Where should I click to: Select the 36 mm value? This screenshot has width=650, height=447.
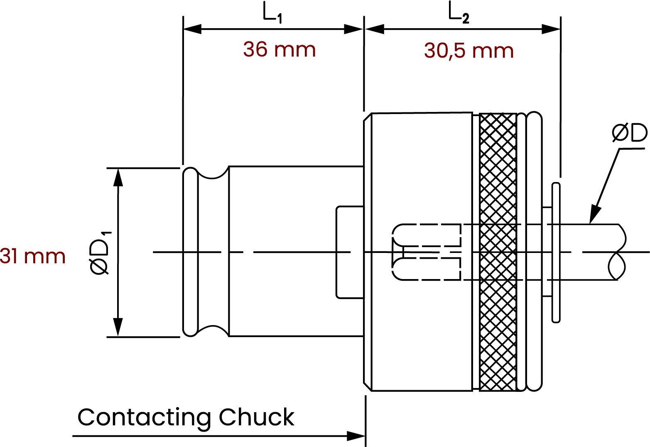click(280, 50)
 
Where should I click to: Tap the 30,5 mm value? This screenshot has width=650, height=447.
click(469, 51)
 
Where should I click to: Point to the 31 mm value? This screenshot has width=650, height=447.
click(33, 256)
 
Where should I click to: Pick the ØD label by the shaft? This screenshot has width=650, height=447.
click(630, 133)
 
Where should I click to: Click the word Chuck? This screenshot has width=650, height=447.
click(257, 417)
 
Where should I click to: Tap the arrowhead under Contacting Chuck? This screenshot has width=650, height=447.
click(356, 436)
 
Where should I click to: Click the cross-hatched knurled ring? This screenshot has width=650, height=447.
click(498, 252)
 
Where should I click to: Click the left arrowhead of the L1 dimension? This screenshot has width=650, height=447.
click(192, 29)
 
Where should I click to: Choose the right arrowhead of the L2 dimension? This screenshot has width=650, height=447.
click(552, 29)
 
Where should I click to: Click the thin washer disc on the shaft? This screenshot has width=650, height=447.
click(556, 252)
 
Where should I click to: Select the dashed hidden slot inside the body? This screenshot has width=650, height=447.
click(427, 252)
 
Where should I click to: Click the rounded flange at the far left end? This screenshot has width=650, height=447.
click(191, 252)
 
